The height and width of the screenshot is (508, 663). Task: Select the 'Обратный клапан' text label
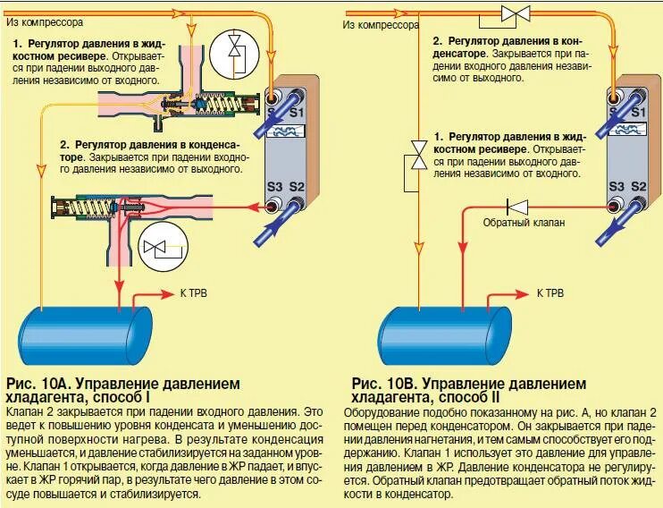click(x=524, y=222)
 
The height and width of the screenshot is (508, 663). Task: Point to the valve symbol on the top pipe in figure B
click(x=516, y=13)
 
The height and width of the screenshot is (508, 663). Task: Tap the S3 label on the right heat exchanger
click(x=616, y=187)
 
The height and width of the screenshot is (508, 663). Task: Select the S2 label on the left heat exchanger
click(x=298, y=187)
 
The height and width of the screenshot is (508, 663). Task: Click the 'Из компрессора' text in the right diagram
click(x=381, y=25)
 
